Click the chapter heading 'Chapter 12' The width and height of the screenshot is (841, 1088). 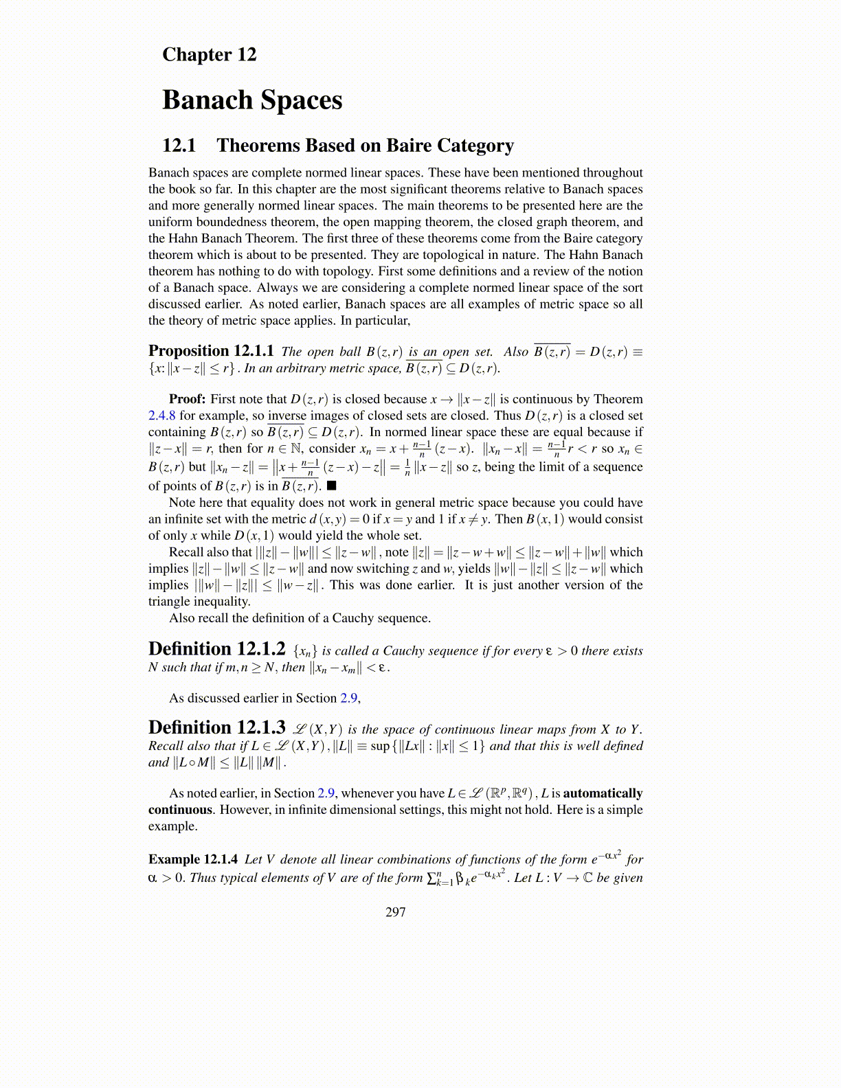pos(209,54)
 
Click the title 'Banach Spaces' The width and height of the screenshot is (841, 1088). pos(252,100)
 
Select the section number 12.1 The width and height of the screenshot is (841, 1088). pos(179,146)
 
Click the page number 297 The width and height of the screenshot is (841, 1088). pos(396,911)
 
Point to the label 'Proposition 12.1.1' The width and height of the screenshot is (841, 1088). pos(211,351)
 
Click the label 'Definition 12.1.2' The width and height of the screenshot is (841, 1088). pos(216,649)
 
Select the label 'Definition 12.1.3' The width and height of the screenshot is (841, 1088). pos(216,727)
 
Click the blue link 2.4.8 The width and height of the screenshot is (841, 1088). pos(162,416)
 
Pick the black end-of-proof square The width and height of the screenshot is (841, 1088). pos(331,486)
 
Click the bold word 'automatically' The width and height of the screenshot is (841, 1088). pos(603,793)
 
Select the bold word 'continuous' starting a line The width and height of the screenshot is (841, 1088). pos(180,810)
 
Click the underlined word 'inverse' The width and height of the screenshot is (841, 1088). pos(287,416)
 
